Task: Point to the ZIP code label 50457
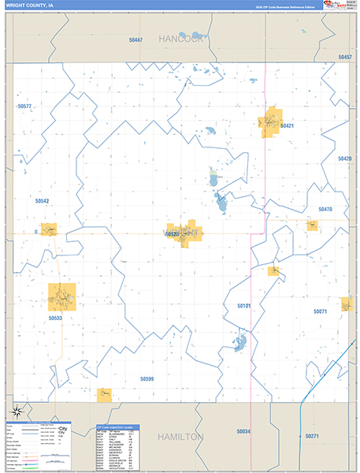tap(344, 58)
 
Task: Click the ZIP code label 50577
tap(24, 106)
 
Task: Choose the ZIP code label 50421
tap(286, 126)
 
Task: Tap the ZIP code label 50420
tap(345, 158)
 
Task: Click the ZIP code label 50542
tap(43, 201)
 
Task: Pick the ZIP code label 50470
tap(325, 209)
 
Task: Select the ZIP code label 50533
tap(54, 318)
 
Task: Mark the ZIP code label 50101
tap(244, 305)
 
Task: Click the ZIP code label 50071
tap(320, 311)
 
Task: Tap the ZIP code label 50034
tap(243, 431)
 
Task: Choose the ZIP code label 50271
tap(312, 436)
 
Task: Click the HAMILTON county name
tap(180, 436)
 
